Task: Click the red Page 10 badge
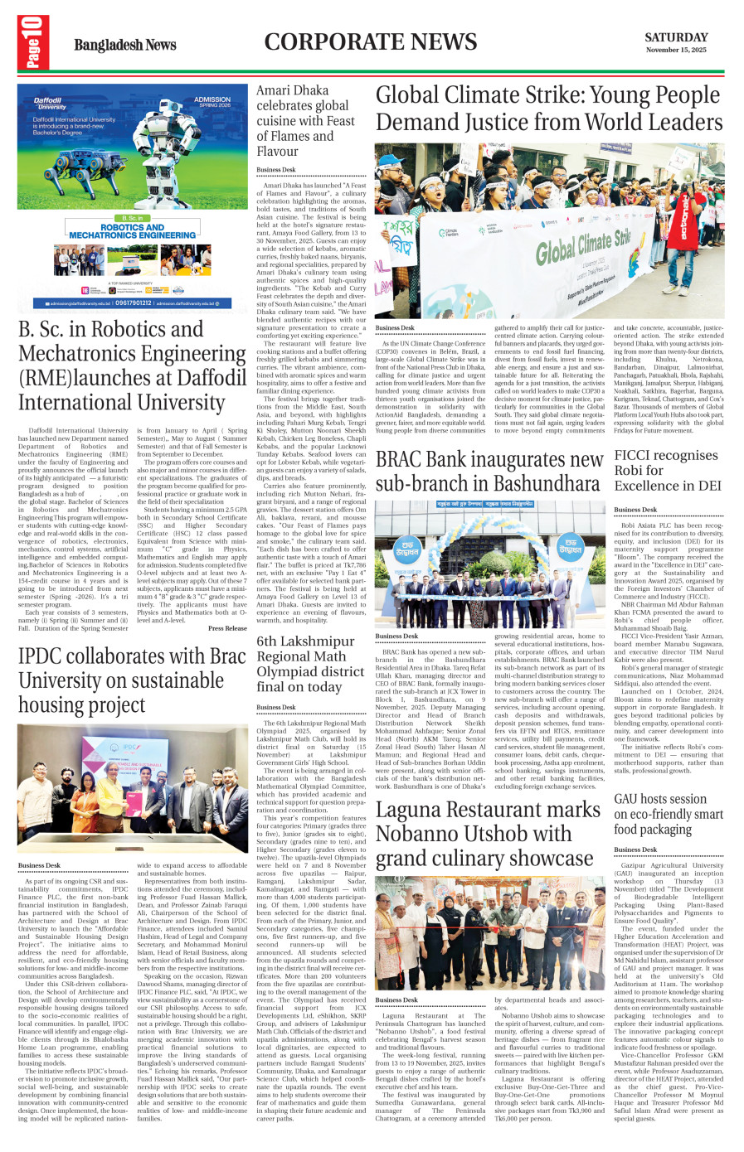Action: pos(32,42)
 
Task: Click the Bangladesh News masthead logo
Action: pos(124,45)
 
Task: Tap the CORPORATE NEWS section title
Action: pos(371,41)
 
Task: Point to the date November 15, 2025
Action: pos(676,51)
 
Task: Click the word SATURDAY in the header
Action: pos(676,37)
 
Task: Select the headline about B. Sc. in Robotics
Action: pos(133,365)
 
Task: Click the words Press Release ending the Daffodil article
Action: pos(227,628)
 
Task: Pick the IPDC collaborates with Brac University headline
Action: pos(133,680)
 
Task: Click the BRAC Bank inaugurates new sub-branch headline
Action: pos(489,471)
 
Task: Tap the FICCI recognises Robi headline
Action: pos(667,470)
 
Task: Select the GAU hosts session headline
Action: pos(669,814)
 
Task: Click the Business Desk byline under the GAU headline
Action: pos(635,849)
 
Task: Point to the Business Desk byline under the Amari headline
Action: pos(276,170)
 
